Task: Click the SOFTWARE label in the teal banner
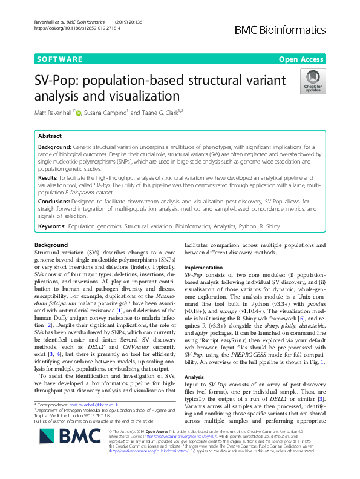pyautogui.click(x=60, y=59)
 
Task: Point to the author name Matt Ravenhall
pyautogui.click(x=53, y=113)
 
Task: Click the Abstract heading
pyautogui.click(x=50, y=137)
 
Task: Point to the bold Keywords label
pyautogui.click(x=51, y=225)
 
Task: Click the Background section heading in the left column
pyautogui.click(x=51, y=245)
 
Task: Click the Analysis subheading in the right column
pyautogui.click(x=198, y=376)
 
